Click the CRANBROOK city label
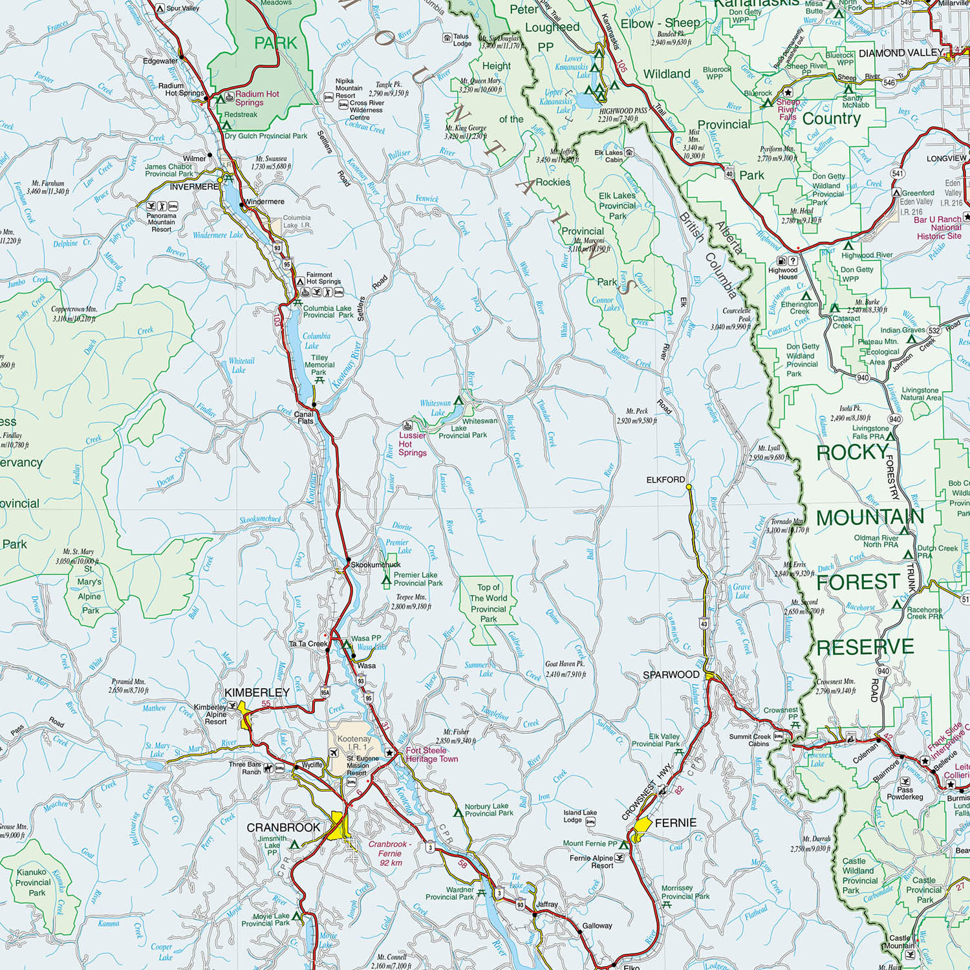click(x=283, y=827)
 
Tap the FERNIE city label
click(x=676, y=823)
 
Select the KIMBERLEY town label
click(x=257, y=693)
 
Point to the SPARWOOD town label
click(x=671, y=674)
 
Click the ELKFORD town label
click(x=665, y=480)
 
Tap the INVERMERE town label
click(x=194, y=186)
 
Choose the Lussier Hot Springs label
click(x=412, y=444)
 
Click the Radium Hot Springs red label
click(x=257, y=98)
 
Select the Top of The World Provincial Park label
click(x=488, y=603)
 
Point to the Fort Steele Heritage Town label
click(x=431, y=755)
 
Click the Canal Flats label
click(x=305, y=417)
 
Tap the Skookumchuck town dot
click(x=348, y=559)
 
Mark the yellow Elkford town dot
click(x=689, y=486)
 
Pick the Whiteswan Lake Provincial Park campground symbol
click(x=459, y=400)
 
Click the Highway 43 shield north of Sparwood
click(x=704, y=624)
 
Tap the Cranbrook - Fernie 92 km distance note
click(x=390, y=853)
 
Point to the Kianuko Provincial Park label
click(x=33, y=882)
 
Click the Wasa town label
click(x=366, y=665)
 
